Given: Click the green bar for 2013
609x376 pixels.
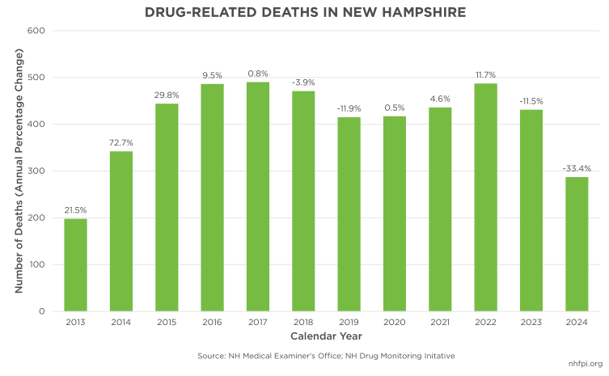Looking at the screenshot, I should point(75,265).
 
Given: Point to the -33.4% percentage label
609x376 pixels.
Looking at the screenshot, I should point(576,168).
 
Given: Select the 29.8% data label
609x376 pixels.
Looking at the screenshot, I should point(167,95).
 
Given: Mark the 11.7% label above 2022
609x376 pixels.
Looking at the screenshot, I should point(485,74).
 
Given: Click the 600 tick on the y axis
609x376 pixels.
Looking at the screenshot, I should point(35,31).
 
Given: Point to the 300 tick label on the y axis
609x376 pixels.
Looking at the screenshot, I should point(35,171).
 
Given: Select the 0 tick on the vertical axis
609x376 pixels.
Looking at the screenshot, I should point(40,311).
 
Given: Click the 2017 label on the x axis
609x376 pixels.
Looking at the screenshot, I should point(257,323).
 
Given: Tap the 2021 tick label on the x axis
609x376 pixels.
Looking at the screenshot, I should point(439,323).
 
